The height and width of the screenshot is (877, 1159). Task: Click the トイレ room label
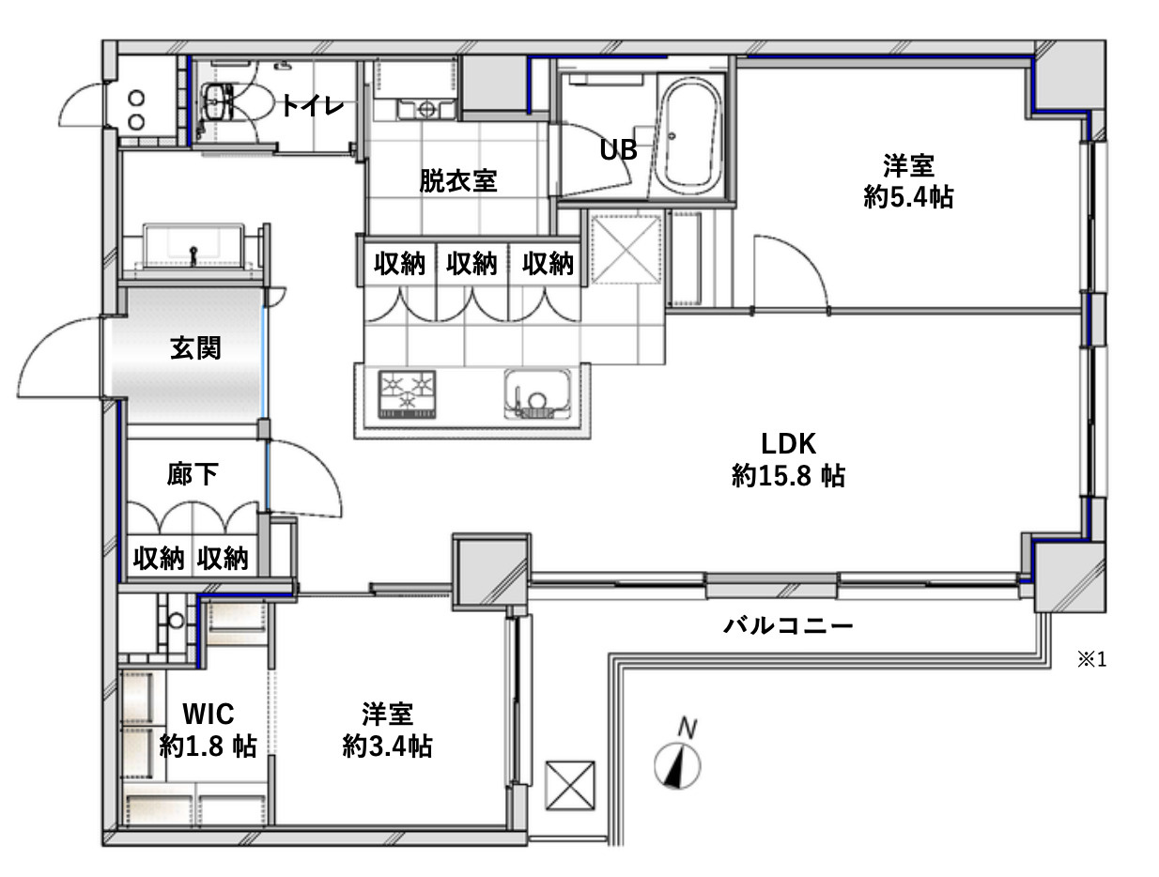[313, 105]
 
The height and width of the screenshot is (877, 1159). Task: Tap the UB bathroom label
[618, 150]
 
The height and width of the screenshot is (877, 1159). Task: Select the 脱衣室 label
[458, 180]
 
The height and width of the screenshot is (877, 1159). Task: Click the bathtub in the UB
[692, 137]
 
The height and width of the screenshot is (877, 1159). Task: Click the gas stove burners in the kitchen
[407, 394]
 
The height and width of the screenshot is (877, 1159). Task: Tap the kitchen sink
[537, 394]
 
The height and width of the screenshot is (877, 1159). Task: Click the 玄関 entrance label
[195, 347]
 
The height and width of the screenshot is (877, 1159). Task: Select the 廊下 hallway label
[193, 473]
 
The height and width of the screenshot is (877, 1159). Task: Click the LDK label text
[788, 444]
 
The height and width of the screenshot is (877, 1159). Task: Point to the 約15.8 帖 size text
[788, 476]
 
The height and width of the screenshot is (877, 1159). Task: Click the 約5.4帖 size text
[908, 197]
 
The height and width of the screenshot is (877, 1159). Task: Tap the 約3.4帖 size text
[387, 746]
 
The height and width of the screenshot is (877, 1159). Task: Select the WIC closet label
[209, 714]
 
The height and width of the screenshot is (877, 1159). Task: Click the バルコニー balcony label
[788, 626]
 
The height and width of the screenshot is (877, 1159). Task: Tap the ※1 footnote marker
[1092, 659]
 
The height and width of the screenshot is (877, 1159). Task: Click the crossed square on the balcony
[570, 785]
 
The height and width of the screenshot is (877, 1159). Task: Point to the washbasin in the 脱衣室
[426, 109]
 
